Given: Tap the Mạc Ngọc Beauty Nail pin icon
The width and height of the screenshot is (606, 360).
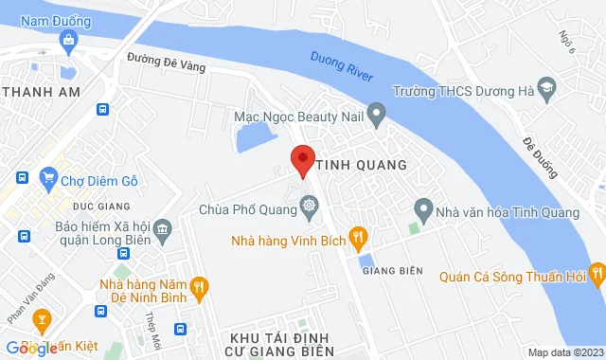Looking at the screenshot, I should (x=376, y=117).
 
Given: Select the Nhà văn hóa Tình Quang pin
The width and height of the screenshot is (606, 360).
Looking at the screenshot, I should (x=423, y=208).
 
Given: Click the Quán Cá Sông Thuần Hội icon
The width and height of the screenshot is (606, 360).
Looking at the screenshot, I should (x=596, y=276).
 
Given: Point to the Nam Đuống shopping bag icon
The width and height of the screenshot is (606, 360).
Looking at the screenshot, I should (x=68, y=40).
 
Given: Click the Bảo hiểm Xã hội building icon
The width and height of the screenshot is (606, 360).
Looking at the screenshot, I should (x=162, y=227).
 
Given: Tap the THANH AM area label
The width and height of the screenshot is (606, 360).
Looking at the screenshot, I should (x=40, y=91).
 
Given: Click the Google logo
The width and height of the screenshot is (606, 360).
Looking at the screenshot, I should (x=30, y=349).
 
